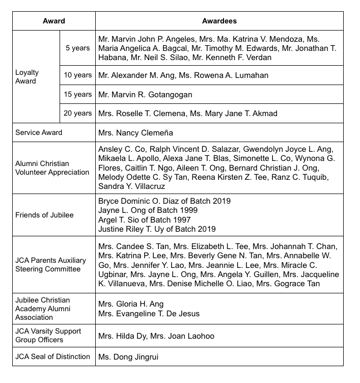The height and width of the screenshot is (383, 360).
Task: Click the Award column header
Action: coord(53,21)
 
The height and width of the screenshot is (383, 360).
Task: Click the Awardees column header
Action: coord(219,21)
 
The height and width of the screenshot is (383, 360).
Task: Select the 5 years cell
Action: coord(77,48)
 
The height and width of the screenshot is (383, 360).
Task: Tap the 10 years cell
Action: coord(77,75)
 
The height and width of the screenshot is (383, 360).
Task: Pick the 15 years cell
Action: coord(77,95)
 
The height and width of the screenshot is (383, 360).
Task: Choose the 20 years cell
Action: coord(77,114)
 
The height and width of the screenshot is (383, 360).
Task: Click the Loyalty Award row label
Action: coord(27,76)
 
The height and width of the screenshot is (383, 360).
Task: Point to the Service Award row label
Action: coord(39,132)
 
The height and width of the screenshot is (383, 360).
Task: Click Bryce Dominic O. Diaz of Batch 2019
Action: coord(164,201)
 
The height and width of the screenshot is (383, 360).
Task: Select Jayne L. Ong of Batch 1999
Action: coord(148,210)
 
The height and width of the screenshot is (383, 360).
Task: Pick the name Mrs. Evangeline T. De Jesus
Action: coord(149,314)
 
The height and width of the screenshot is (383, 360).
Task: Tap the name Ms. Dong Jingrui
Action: coord(128,357)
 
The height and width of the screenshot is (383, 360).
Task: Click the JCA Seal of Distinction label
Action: coord(52,357)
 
